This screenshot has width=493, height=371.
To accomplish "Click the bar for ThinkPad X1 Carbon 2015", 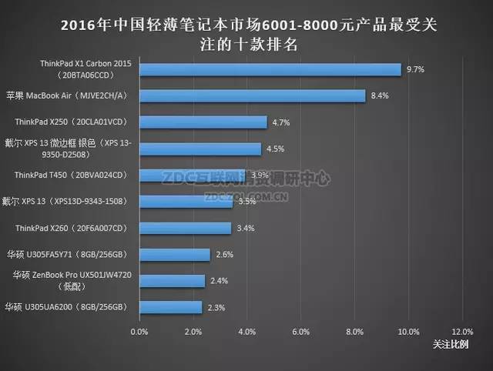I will pyautogui.click(x=270, y=69).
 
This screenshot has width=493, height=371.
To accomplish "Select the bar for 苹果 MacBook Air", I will pyautogui.click(x=252, y=95).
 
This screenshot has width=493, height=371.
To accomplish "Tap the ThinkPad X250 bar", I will pyautogui.click(x=203, y=122).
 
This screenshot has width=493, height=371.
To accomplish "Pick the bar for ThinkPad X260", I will pyautogui.click(x=185, y=228).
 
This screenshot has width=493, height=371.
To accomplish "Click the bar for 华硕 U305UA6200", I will pyautogui.click(x=170, y=307).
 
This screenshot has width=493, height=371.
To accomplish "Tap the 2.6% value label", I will pyautogui.click(x=224, y=254).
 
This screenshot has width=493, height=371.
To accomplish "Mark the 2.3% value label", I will pyautogui.click(x=216, y=307).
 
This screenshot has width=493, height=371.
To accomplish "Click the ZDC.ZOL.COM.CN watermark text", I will pyautogui.click(x=246, y=196).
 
